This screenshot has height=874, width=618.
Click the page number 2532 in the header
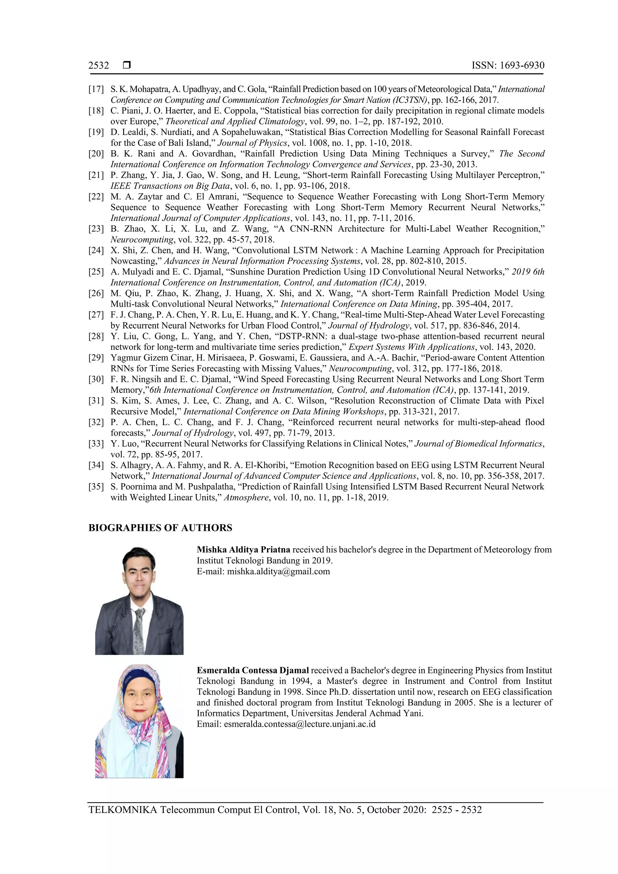(x=99, y=65)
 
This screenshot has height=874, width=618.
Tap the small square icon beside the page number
(x=127, y=65)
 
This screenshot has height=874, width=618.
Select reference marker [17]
(x=96, y=89)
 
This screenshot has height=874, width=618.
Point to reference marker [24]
(x=96, y=250)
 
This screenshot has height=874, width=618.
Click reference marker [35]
(x=96, y=487)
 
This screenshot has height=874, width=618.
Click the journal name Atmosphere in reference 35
(x=246, y=497)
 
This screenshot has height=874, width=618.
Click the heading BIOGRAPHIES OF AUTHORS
(x=160, y=528)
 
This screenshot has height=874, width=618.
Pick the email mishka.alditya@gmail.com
(x=278, y=571)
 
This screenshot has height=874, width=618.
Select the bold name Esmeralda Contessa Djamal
(x=253, y=670)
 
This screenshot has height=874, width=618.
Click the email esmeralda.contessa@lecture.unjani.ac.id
(x=300, y=724)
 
